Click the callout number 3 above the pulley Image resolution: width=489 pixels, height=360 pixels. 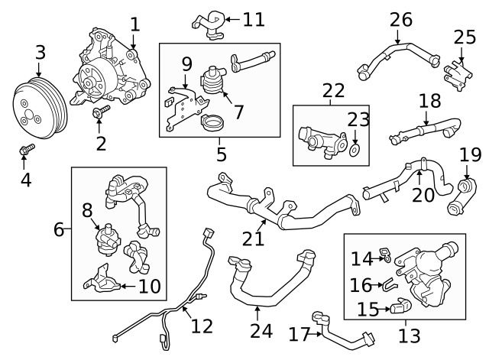coord(40,53)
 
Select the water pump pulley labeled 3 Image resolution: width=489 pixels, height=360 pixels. coord(40,108)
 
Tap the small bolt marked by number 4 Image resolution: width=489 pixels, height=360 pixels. coord(26,149)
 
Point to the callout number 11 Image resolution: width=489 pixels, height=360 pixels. coord(254,19)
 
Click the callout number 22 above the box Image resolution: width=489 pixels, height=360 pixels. coord(333,90)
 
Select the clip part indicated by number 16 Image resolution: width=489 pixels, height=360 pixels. coord(390,285)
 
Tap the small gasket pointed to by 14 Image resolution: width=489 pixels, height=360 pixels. coord(385,255)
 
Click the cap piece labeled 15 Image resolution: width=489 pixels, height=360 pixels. coord(400,306)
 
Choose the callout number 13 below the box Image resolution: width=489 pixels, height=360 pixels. coord(410,336)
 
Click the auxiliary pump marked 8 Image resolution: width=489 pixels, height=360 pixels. coord(107,239)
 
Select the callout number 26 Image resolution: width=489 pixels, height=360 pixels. coord(401,19)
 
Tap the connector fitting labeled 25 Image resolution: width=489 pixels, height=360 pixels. coord(457,76)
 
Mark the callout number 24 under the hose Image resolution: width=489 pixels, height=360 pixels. coord(261,331)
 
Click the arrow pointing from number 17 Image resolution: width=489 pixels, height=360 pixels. coord(316,334)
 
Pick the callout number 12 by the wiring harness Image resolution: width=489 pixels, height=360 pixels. coord(202,326)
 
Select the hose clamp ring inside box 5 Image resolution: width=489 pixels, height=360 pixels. coord(212,122)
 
